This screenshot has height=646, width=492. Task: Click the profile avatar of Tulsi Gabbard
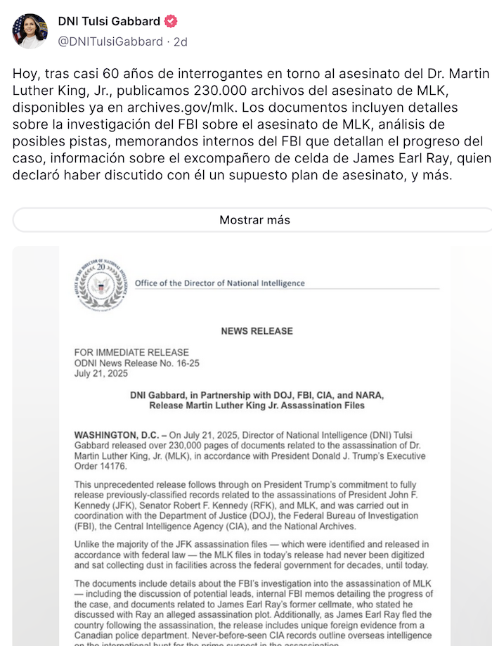[30, 31]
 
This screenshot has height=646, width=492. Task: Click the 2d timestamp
[180, 41]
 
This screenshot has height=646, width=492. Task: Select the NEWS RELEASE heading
[257, 331]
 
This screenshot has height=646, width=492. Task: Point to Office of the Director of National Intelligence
[219, 283]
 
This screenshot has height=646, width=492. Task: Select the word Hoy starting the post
[25, 73]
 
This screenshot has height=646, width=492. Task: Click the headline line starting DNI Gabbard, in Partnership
[257, 395]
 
